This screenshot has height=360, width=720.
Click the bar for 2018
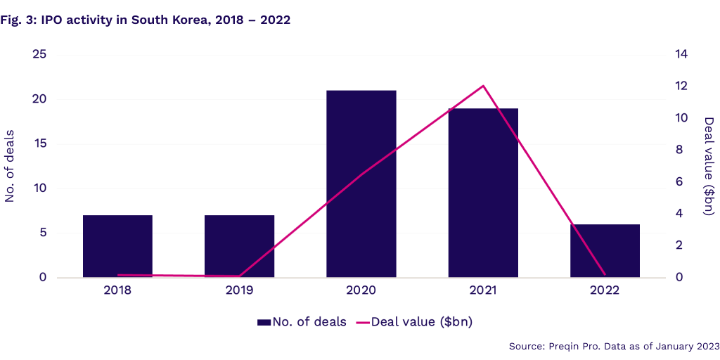117,246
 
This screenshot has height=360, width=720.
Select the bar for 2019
239,246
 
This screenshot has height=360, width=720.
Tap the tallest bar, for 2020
361,184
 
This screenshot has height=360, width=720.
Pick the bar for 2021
483,193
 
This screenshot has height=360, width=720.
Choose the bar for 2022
605,250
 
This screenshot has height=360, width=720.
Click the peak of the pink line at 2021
483,86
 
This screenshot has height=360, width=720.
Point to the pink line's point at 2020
361,173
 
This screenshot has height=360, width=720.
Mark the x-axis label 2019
239,290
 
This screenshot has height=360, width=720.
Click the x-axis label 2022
605,290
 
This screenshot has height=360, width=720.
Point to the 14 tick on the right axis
681,55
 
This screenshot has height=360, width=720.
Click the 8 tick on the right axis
679,150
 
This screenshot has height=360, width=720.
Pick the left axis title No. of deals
11,166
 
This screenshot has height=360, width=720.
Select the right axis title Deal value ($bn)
709,166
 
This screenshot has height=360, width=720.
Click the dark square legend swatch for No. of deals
264,323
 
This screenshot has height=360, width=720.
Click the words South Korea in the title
162,20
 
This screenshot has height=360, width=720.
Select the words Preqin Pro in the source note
570,346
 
